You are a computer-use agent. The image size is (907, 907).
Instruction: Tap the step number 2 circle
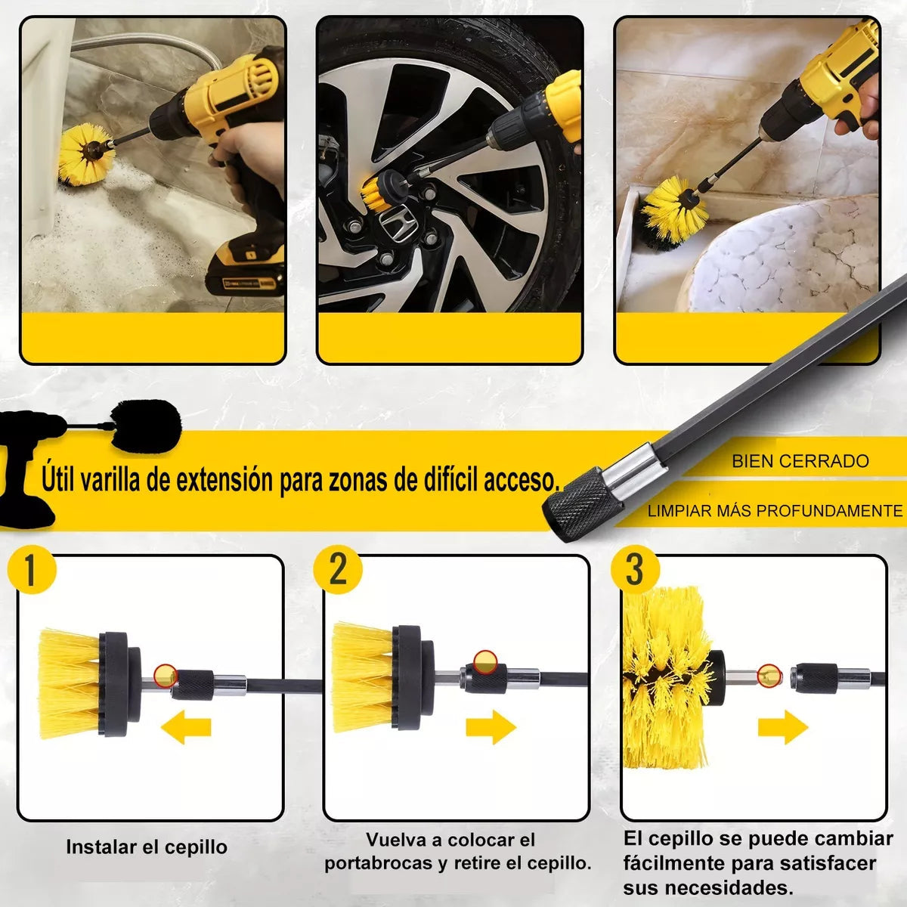click(338, 568)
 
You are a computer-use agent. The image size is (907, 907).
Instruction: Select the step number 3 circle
click(635, 568)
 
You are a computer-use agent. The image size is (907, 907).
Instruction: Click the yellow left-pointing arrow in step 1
click(186, 727)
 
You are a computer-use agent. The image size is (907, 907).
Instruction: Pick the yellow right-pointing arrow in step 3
click(783, 727)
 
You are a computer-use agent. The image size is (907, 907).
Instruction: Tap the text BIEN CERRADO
click(800, 461)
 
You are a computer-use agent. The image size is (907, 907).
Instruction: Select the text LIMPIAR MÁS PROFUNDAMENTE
click(775, 511)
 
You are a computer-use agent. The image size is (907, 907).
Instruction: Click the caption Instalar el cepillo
click(147, 847)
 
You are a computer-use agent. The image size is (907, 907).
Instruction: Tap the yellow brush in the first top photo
click(85, 155)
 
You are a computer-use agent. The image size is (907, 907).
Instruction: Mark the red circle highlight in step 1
click(165, 674)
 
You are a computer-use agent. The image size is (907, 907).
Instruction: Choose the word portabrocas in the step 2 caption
click(379, 863)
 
